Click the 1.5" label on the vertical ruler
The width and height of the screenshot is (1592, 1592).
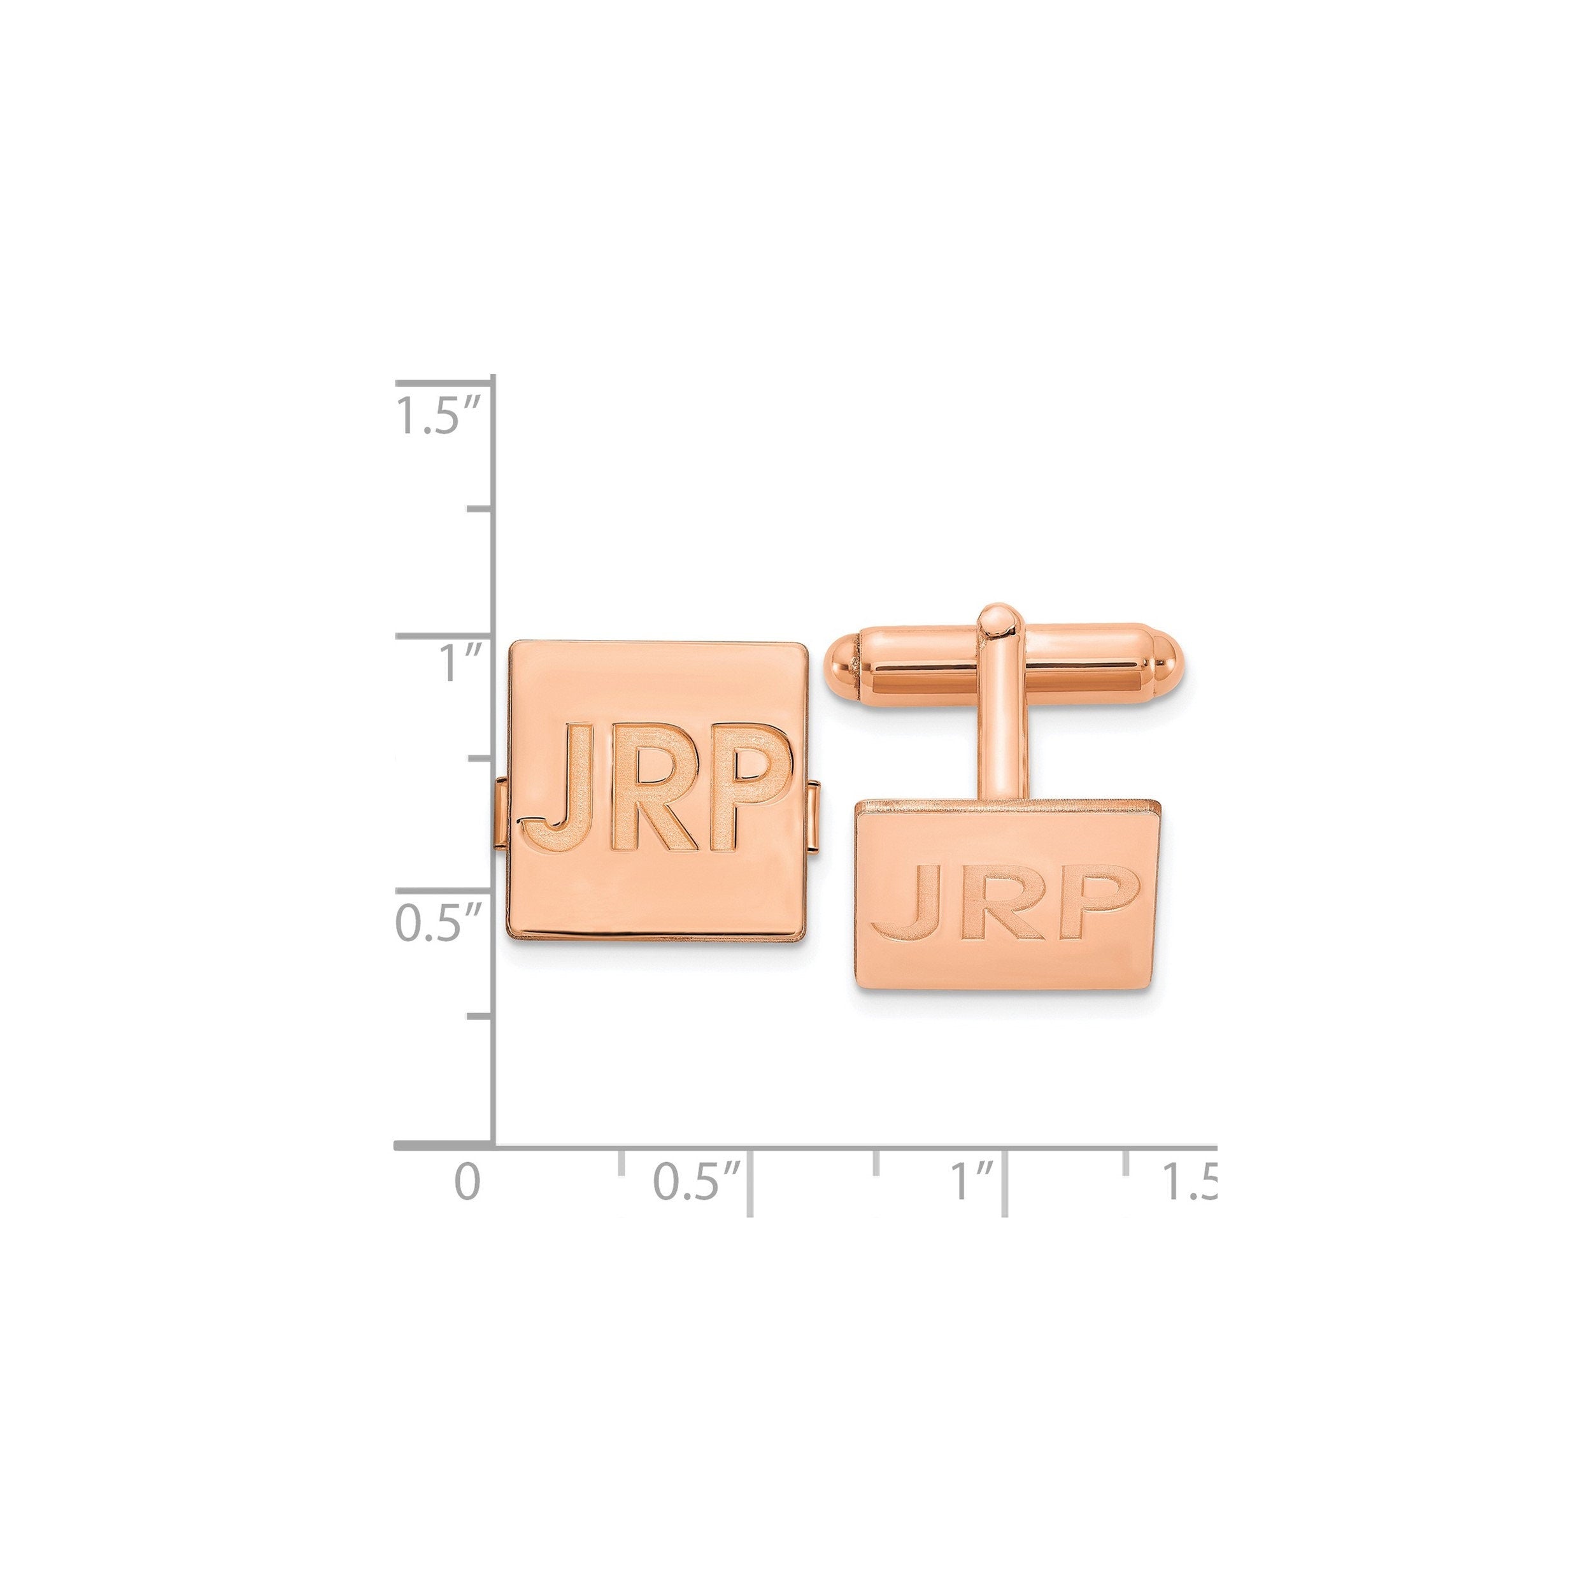click(x=437, y=416)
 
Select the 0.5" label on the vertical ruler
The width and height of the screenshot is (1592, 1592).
click(x=437, y=923)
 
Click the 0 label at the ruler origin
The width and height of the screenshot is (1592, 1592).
click(x=466, y=1182)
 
